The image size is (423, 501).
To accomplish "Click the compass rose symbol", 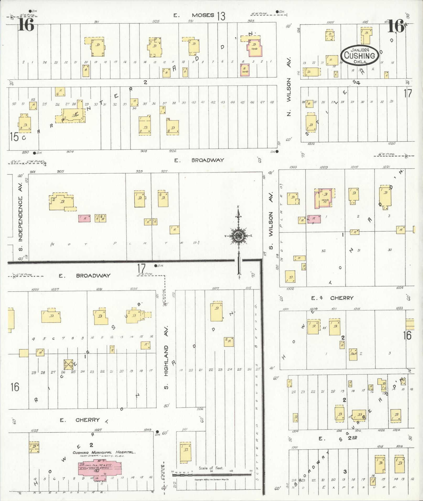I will pos(239,235).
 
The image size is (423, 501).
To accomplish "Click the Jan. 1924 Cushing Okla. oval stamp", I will pos(359,54).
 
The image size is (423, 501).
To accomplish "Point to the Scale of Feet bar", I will pos(211,474).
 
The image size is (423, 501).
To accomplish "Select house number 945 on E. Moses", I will pos(251,21).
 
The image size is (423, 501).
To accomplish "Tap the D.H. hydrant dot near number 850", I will pos(34,153).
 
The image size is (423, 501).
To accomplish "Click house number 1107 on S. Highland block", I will pos(216,288).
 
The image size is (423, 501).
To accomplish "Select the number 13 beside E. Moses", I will pos(221,16).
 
